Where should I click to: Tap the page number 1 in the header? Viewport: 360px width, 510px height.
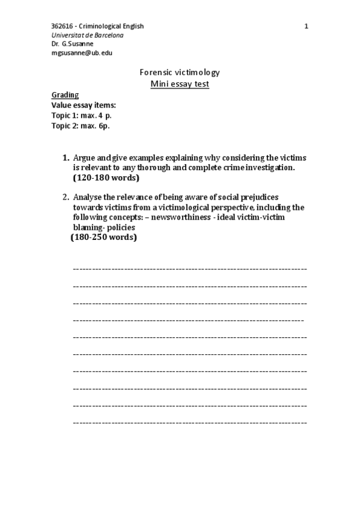coord(307,26)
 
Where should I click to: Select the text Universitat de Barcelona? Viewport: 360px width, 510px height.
coord(88,35)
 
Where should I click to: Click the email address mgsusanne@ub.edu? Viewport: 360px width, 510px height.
coord(82,52)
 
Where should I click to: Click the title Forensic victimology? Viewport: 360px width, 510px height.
coord(180,73)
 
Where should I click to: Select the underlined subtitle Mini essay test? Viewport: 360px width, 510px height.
coord(180,84)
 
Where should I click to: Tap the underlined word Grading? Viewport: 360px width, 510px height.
coord(65,95)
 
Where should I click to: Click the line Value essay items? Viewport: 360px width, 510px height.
coord(84,105)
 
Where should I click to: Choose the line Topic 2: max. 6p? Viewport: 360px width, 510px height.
coord(81,126)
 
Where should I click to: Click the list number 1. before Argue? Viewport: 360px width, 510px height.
coord(66,158)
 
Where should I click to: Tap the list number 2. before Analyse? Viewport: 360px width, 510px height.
coord(66,197)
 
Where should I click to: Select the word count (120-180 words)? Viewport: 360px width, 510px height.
coord(106,178)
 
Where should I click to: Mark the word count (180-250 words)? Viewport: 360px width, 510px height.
coord(103,238)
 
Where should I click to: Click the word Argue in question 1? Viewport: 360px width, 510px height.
coord(83,158)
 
